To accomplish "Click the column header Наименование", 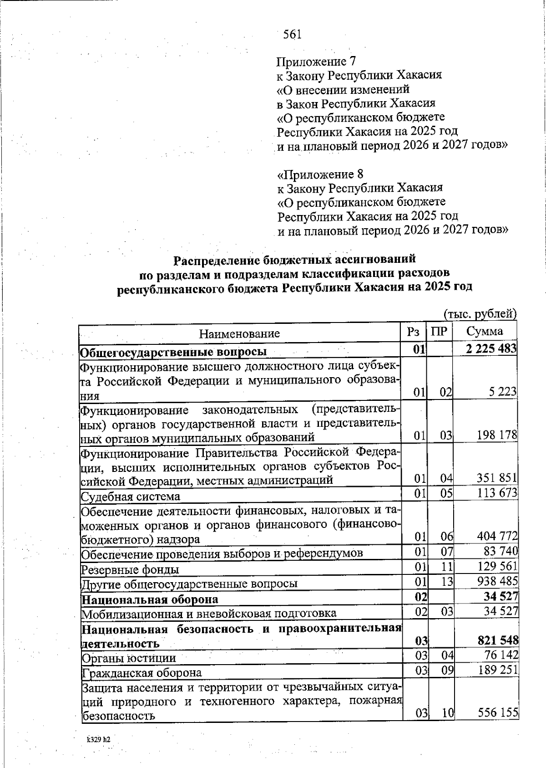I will click(239, 333).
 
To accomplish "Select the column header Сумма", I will click(485, 331).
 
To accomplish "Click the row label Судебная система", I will click(130, 496).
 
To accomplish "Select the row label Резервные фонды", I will click(130, 569).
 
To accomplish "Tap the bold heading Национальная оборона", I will click(149, 599).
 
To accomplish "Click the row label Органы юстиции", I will click(128, 658).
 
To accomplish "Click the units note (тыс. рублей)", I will click(480, 314).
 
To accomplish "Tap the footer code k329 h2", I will click(99, 740).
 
